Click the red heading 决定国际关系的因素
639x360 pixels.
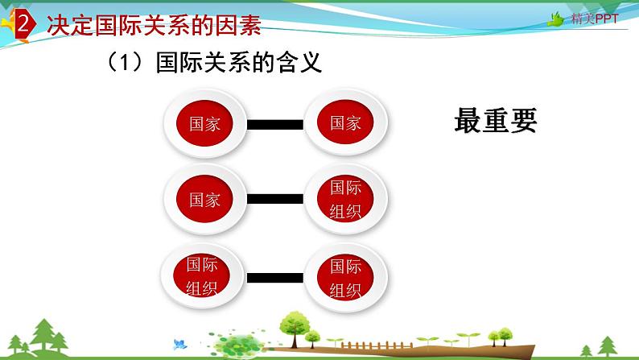point(153,26)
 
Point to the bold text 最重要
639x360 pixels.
point(495,122)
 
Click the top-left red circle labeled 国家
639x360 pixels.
point(204,124)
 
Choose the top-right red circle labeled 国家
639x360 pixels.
point(345,123)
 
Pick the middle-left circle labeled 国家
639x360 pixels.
point(204,200)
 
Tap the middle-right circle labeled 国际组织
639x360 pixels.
point(345,200)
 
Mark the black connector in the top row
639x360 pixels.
point(274,124)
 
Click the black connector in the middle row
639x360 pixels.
point(274,200)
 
